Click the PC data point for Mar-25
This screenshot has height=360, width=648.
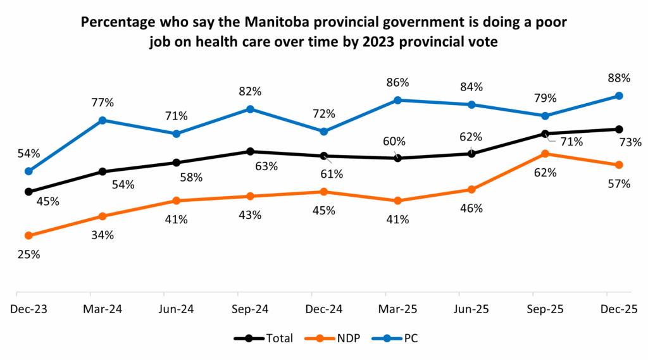(x=397, y=100)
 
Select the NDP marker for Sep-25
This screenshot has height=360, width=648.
(x=545, y=154)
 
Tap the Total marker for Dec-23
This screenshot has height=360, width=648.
(x=28, y=192)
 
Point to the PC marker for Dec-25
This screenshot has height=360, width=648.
(x=619, y=96)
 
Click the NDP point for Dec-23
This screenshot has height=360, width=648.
(x=28, y=235)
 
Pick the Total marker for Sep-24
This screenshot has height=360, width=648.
(x=250, y=151)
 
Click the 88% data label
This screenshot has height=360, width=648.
(x=618, y=78)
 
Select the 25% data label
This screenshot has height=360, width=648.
(x=28, y=254)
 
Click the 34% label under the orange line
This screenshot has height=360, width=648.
(x=102, y=235)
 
